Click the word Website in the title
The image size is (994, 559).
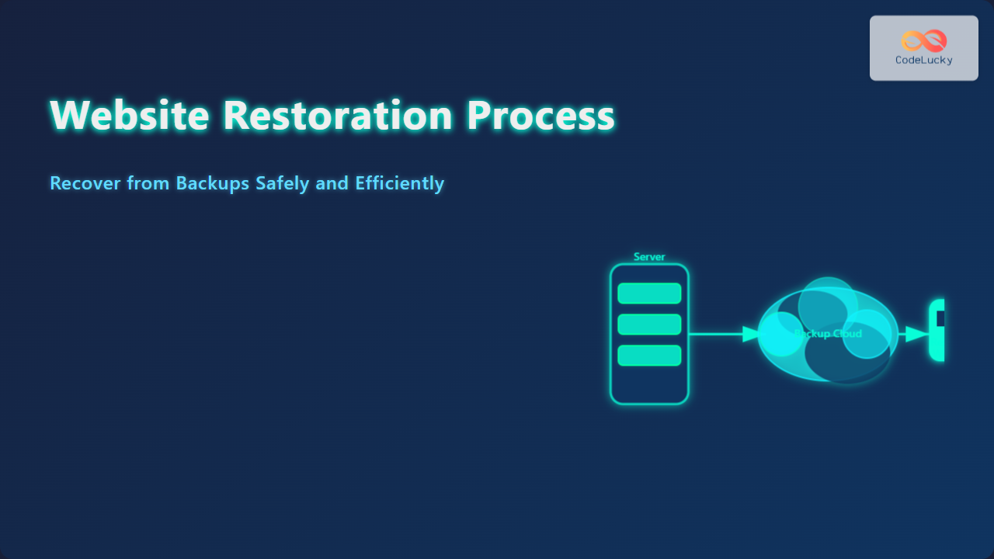[129, 115]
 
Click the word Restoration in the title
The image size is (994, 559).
[338, 115]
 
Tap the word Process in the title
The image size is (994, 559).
[540, 115]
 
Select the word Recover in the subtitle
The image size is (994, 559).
[85, 183]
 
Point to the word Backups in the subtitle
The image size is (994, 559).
[213, 184]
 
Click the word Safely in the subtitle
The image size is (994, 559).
[282, 184]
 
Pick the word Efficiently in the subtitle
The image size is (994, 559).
[399, 184]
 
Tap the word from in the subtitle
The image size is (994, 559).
[148, 183]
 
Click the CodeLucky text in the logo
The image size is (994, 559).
[924, 60]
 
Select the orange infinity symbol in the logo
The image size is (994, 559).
[924, 40]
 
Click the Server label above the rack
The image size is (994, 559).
[649, 257]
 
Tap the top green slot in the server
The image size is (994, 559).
[649, 293]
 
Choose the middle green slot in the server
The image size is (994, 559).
[649, 325]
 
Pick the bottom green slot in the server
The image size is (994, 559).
[649, 356]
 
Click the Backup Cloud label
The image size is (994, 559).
[828, 334]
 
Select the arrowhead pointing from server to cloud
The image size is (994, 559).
[751, 334]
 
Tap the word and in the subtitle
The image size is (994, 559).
[332, 183]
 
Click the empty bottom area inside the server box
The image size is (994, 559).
[649, 384]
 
